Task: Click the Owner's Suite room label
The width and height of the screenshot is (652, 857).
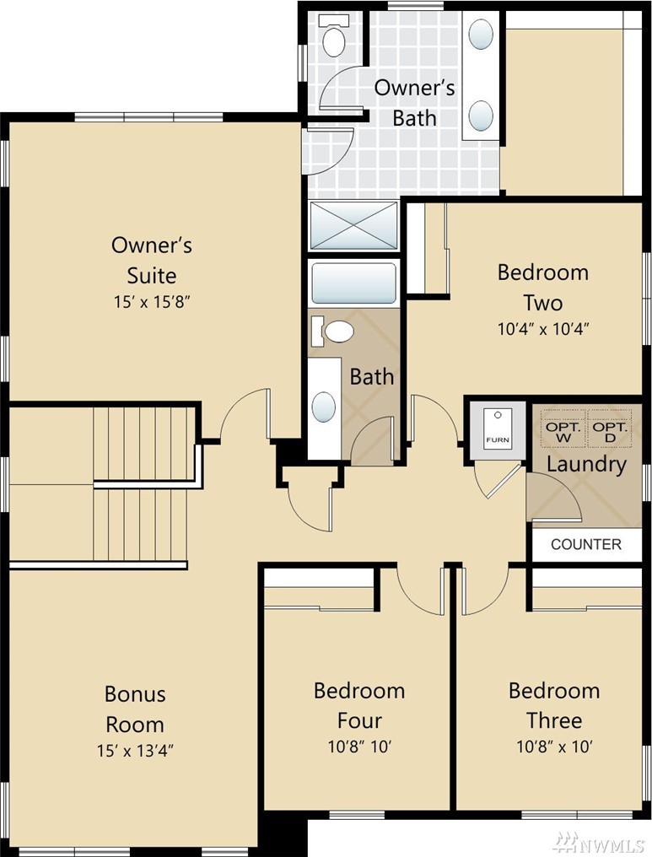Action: tap(151, 260)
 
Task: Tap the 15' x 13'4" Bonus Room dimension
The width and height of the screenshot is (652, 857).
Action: tap(135, 751)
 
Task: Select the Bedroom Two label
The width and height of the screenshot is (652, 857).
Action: tap(542, 287)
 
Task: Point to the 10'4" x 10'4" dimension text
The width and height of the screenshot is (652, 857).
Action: tap(543, 328)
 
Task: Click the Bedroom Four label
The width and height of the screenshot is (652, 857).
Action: tap(359, 706)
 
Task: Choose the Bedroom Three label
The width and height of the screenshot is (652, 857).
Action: tap(553, 706)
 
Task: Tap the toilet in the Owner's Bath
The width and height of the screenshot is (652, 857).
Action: tap(333, 35)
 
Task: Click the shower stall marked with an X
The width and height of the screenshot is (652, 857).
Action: tap(353, 224)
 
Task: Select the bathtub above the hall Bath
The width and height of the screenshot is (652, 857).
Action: tap(353, 283)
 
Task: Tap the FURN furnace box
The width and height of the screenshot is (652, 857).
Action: tap(498, 428)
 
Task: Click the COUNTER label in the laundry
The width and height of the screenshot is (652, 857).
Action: tap(586, 544)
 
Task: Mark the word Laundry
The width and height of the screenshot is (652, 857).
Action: tap(586, 465)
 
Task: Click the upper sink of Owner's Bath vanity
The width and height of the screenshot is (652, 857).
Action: tap(481, 34)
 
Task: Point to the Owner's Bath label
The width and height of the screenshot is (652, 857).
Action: tap(413, 103)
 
